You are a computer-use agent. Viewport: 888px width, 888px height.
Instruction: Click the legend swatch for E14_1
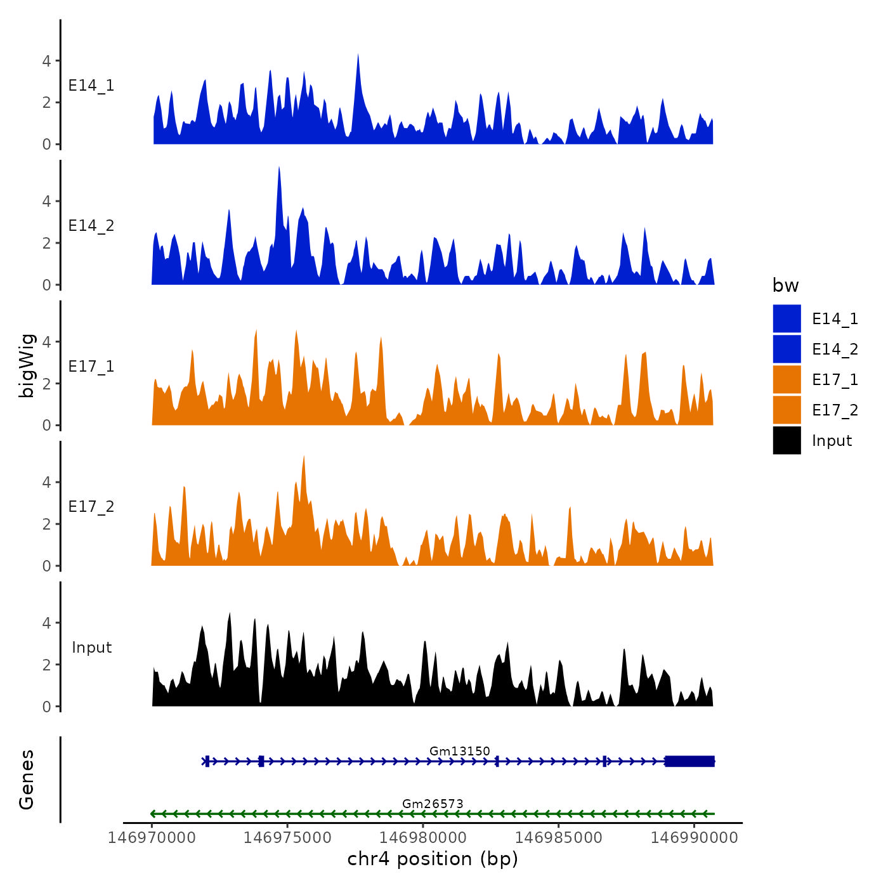(x=787, y=318)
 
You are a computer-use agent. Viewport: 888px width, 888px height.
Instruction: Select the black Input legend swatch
(x=787, y=440)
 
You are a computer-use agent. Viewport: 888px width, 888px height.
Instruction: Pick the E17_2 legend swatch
(x=787, y=410)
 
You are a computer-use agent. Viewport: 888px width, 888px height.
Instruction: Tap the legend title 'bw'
(x=785, y=286)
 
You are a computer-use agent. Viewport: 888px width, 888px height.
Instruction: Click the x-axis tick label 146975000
(x=287, y=838)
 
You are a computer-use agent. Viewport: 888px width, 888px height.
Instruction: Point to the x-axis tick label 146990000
(x=694, y=838)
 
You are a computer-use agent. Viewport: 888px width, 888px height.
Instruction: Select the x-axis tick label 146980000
(x=423, y=838)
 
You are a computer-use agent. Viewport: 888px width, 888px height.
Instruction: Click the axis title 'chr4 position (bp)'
(x=433, y=859)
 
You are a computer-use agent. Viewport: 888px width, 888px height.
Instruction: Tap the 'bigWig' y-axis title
(x=27, y=366)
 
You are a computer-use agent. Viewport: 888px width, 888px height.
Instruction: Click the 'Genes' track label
(x=27, y=780)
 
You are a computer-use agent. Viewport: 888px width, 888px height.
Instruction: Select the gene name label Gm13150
(x=459, y=751)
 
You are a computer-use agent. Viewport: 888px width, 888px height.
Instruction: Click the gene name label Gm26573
(x=433, y=804)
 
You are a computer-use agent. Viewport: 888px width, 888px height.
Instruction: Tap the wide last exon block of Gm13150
(x=689, y=761)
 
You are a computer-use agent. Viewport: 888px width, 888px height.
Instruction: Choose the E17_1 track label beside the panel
(x=91, y=367)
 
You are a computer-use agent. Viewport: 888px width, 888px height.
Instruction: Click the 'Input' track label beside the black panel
(x=91, y=648)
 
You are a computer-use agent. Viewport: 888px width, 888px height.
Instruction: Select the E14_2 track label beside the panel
(x=91, y=226)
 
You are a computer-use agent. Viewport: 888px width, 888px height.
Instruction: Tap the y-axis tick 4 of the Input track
(x=46, y=623)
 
